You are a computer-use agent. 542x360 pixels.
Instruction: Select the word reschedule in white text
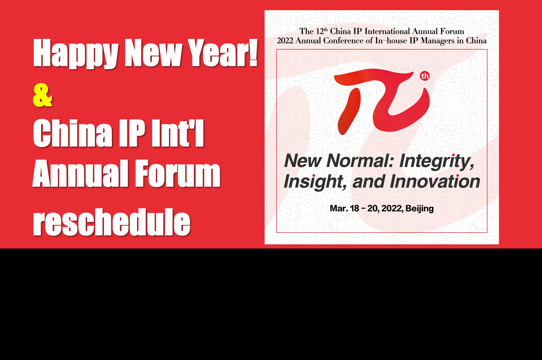tap(112, 222)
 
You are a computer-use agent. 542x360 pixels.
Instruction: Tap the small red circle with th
tap(425, 76)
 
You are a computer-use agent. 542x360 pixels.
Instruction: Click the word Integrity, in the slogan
tap(437, 161)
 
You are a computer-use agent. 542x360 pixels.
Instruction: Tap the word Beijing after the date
tap(419, 209)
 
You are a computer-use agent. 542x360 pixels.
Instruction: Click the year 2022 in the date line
tap(392, 208)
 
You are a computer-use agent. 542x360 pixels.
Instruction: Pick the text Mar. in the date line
tap(339, 208)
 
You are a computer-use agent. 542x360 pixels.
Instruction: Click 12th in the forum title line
tap(322, 31)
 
